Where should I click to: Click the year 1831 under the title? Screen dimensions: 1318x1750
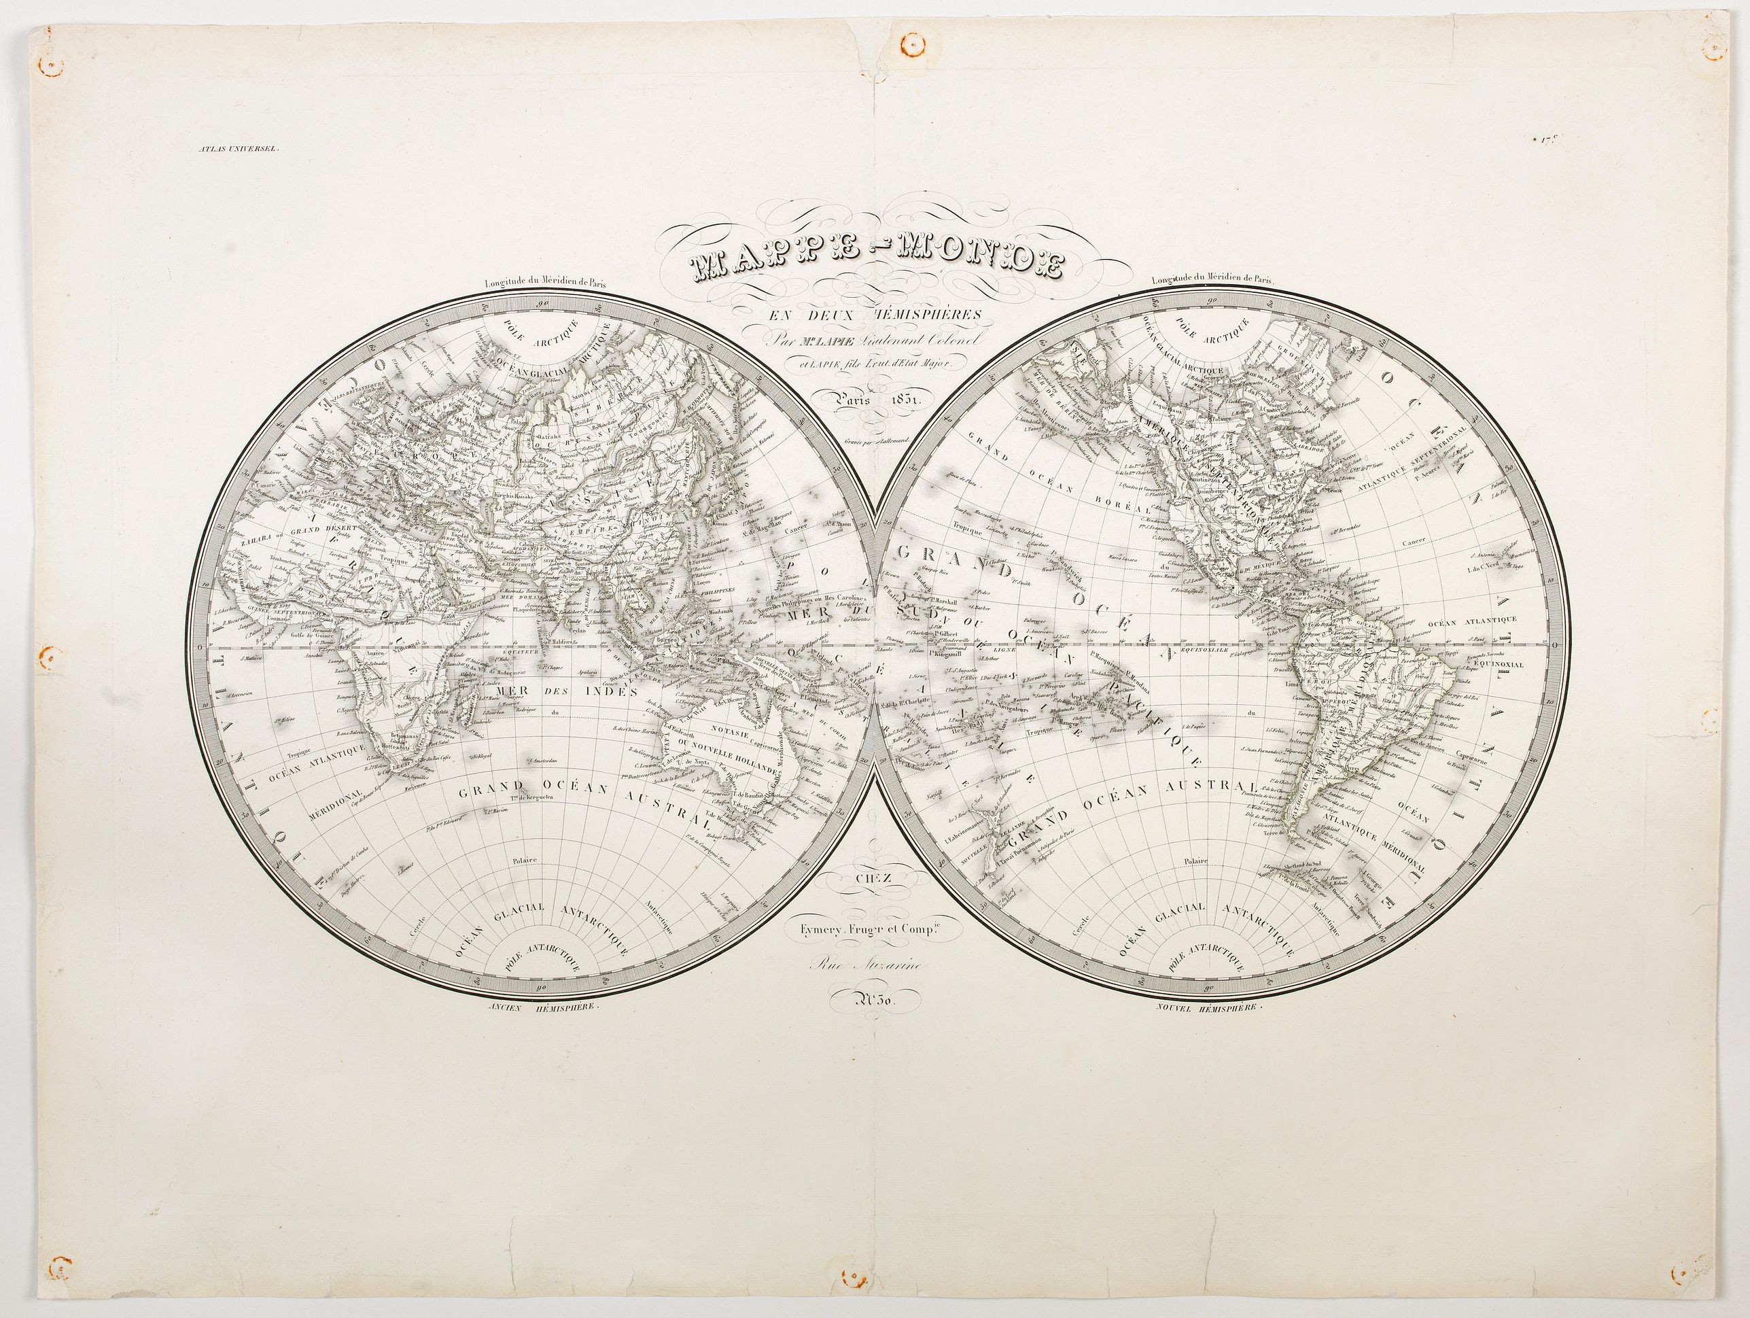click(x=901, y=400)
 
